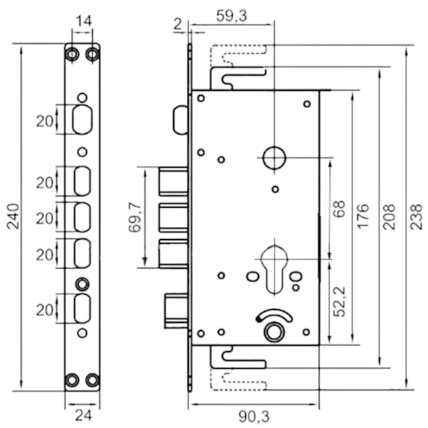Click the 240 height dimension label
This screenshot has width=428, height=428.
pyautogui.click(x=13, y=216)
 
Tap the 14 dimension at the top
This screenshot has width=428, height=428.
pyautogui.click(x=84, y=21)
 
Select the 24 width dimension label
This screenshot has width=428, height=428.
pyautogui.click(x=84, y=416)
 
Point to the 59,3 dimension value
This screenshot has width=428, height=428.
pyautogui.click(x=232, y=16)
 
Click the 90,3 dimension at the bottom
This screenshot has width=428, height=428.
pyautogui.click(x=254, y=416)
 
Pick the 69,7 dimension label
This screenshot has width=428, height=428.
pyautogui.click(x=135, y=217)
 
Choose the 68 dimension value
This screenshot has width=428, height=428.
pyautogui.click(x=339, y=209)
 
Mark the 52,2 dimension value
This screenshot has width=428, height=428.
pyautogui.click(x=340, y=302)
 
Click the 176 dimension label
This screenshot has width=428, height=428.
pyautogui.click(x=363, y=216)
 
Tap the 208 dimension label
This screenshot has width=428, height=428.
pyautogui.click(x=389, y=216)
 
